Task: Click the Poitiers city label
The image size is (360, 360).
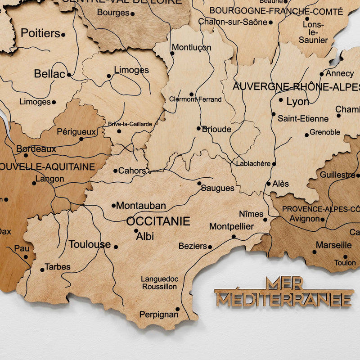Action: click(40, 33)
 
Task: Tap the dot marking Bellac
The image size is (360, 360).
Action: click(69, 75)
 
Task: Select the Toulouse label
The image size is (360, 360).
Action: click(90, 245)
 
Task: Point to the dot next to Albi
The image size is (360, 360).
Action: click(136, 231)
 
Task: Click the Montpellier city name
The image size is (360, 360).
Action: click(232, 226)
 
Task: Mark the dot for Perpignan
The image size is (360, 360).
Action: click(177, 309)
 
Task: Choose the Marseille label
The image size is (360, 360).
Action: click(333, 245)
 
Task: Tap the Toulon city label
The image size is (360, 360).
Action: click(345, 262)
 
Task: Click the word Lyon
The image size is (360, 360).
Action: click(298, 102)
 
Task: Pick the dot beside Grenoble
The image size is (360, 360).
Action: click(306, 135)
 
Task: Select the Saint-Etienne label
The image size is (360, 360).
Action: click(303, 119)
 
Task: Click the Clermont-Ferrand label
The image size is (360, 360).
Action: click(195, 99)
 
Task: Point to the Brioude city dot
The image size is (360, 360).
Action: click(198, 128)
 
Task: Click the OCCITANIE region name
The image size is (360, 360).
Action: click(158, 221)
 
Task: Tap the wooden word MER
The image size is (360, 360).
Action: click(284, 283)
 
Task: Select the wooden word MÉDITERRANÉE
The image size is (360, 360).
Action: click(284, 299)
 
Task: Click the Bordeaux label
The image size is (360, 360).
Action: click(36, 149)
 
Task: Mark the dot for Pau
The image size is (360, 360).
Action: click(26, 257)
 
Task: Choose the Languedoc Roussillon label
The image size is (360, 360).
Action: click(159, 283)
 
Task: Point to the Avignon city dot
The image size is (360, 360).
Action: click(323, 220)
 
